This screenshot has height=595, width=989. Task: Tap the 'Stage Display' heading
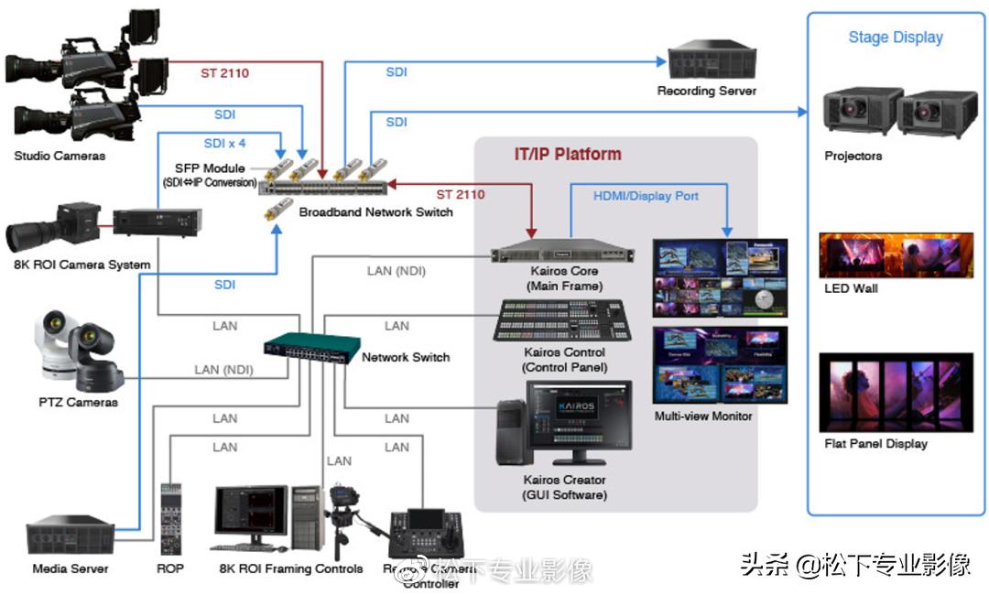click(895, 38)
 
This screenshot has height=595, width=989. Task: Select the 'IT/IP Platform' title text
click(567, 154)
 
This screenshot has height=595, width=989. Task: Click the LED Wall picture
click(896, 255)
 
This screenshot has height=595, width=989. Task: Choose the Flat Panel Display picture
click(896, 392)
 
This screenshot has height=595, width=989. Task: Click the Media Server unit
click(70, 537)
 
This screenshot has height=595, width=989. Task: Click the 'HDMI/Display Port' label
click(646, 195)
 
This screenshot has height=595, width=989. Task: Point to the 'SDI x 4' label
click(224, 144)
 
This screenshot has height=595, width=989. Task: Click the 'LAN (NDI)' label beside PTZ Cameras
click(223, 370)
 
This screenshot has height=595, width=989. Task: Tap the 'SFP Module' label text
click(210, 168)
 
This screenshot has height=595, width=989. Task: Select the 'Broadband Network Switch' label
click(375, 212)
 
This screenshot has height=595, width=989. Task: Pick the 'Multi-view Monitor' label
click(702, 416)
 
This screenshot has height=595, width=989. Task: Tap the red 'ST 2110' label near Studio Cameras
click(224, 72)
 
